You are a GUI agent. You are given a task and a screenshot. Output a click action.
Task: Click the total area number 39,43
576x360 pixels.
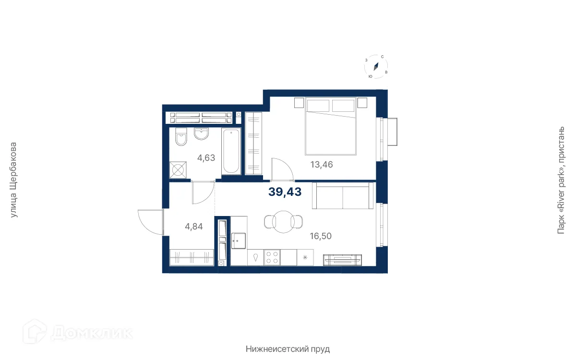(285, 192)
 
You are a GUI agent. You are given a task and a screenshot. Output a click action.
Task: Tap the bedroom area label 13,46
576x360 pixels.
(322, 165)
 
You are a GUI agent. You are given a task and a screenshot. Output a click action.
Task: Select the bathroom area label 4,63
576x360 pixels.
(206, 157)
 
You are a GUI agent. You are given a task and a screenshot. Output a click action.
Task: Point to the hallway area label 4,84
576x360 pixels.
(193, 226)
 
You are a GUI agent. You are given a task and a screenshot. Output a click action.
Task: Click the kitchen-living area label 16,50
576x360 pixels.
(321, 236)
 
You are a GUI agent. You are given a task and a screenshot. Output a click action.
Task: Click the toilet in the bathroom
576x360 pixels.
(181, 137)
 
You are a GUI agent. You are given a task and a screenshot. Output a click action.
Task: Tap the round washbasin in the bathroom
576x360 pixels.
(201, 134)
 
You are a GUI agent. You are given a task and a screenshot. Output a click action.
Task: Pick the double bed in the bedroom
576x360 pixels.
(331, 126)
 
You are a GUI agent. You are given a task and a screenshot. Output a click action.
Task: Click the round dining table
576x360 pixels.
(283, 222)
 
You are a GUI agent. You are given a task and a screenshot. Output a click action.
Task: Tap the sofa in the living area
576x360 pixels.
(343, 196)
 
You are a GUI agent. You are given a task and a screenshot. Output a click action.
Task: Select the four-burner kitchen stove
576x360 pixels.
(272, 257)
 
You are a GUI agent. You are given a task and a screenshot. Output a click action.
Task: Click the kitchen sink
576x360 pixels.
(239, 240)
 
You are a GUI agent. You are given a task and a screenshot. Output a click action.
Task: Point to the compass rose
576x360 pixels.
(376, 67)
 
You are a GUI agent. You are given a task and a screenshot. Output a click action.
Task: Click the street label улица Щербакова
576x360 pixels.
(13, 180)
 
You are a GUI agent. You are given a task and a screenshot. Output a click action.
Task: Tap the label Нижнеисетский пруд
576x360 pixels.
(288, 349)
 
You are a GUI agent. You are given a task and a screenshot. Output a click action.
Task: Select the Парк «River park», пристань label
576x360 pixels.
(561, 180)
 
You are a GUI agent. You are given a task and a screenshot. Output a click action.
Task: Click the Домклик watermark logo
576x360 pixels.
(78, 332)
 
